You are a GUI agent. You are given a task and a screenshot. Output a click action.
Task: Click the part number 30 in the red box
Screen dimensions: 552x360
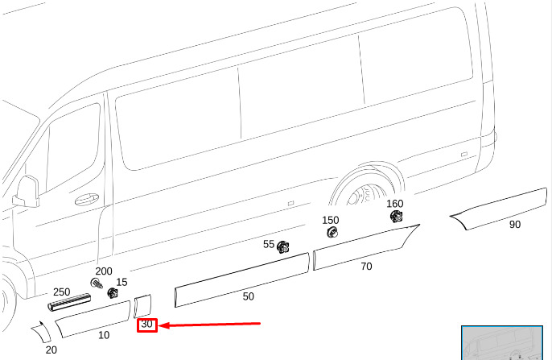[146, 324]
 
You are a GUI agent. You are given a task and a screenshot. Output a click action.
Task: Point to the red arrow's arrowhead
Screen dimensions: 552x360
[164, 325]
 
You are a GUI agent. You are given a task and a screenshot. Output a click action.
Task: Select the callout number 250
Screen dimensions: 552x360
[62, 292]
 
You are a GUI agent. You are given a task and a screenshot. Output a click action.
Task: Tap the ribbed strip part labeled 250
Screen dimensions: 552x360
[69, 302]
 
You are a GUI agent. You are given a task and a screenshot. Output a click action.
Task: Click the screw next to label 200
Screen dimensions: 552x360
[96, 283]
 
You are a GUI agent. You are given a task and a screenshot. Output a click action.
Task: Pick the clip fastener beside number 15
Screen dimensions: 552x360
[113, 292]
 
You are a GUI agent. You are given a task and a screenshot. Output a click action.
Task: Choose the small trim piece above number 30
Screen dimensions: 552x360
[142, 306]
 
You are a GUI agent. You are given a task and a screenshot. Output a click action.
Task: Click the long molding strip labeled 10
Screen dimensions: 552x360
[93, 318]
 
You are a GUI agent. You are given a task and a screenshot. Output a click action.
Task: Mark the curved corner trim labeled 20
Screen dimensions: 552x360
[42, 332]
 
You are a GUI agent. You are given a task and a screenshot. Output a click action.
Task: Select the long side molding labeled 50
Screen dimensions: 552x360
[242, 279]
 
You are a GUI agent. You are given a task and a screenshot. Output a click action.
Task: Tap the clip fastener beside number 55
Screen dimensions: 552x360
[282, 247]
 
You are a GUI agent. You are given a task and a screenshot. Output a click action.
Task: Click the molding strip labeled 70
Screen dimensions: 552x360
[366, 246]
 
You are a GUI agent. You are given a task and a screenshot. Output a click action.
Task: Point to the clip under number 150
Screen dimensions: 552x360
[332, 232]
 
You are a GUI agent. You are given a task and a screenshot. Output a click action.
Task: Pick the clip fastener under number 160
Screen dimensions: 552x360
[397, 216]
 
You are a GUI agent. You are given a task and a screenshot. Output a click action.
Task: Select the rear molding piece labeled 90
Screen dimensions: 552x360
[500, 209]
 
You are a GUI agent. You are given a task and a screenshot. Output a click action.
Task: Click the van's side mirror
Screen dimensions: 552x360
[27, 192]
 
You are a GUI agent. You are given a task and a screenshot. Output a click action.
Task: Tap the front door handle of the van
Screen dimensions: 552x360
[87, 199]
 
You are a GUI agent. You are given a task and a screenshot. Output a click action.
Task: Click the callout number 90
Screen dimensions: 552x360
[515, 225]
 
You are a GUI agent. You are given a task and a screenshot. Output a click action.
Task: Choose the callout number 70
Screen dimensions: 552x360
[366, 266]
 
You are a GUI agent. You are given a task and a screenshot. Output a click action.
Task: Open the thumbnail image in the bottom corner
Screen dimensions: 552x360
[502, 343]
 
